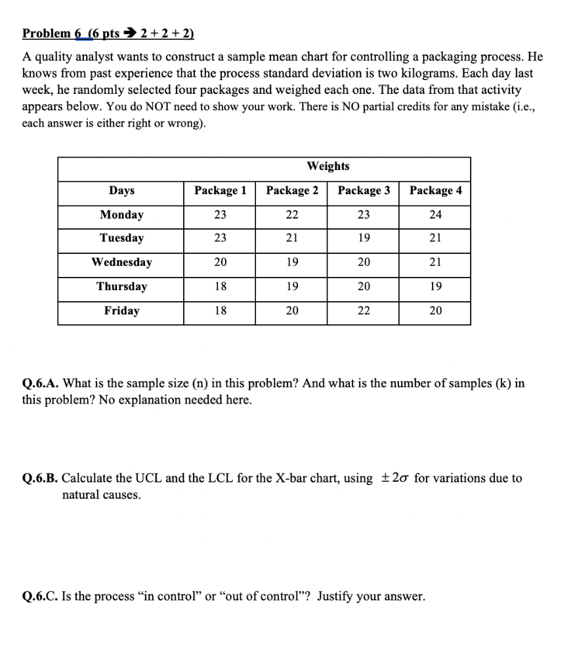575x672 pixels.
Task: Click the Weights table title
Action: coord(328,166)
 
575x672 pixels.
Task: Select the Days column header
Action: coord(121,190)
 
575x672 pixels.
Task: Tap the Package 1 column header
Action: coord(221,190)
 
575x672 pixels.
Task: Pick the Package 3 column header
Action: coord(364,190)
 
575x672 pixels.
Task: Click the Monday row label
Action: coord(121,215)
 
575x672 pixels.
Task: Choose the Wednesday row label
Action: coord(121,262)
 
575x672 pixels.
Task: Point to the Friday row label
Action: coord(121,310)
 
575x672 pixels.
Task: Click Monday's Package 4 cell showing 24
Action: coord(435,215)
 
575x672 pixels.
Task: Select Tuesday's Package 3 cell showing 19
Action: coord(364,238)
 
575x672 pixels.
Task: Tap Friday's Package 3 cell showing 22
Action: coord(364,311)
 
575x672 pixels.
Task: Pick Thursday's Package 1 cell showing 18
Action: coord(221,287)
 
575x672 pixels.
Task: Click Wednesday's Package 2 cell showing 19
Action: coord(292,262)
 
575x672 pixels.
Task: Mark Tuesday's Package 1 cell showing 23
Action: coord(221,238)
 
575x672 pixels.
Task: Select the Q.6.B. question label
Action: coord(40,478)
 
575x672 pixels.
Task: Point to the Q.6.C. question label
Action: coord(40,597)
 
